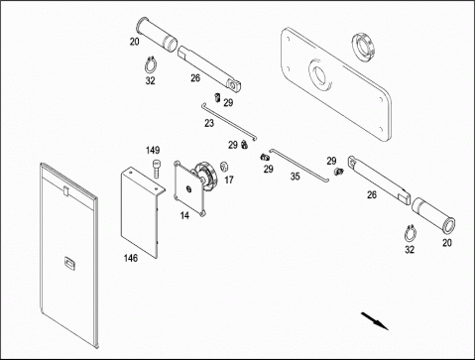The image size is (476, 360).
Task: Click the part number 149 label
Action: (153, 151)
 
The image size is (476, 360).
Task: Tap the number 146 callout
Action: (131, 258)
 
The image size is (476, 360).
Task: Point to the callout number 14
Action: (184, 215)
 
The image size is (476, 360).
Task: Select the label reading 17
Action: (229, 180)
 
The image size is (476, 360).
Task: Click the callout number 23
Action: (209, 123)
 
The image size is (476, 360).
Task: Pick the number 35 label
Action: (296, 177)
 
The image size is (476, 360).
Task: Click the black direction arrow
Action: (375, 320)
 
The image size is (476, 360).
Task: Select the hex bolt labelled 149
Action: (156, 169)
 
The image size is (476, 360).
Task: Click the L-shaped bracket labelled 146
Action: (142, 211)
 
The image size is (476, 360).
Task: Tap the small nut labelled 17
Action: (224, 167)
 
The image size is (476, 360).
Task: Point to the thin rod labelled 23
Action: (229, 122)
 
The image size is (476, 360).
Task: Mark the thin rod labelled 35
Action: (299, 165)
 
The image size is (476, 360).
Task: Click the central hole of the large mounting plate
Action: (319, 75)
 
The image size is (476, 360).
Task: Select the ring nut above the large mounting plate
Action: (364, 47)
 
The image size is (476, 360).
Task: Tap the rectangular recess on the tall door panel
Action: (69, 264)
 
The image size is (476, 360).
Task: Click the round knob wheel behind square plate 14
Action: (206, 177)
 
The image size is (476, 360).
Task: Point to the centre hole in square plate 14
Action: (188, 189)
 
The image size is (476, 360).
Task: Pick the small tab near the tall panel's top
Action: (66, 191)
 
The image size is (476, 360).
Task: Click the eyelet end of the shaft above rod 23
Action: (234, 85)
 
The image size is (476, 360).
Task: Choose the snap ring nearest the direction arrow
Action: (411, 234)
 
